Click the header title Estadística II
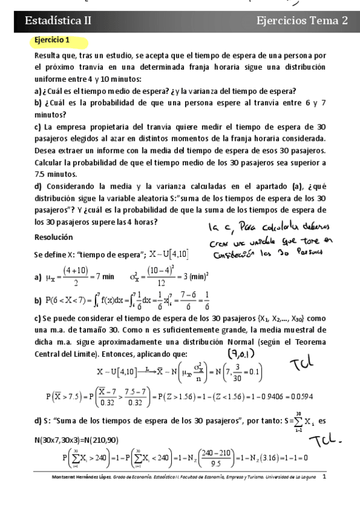(58, 20)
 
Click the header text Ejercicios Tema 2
(302, 20)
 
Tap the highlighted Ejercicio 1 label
(52, 40)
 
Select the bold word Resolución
(53, 237)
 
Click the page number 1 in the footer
(325, 476)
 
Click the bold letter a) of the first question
(38, 91)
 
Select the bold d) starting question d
(38, 186)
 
